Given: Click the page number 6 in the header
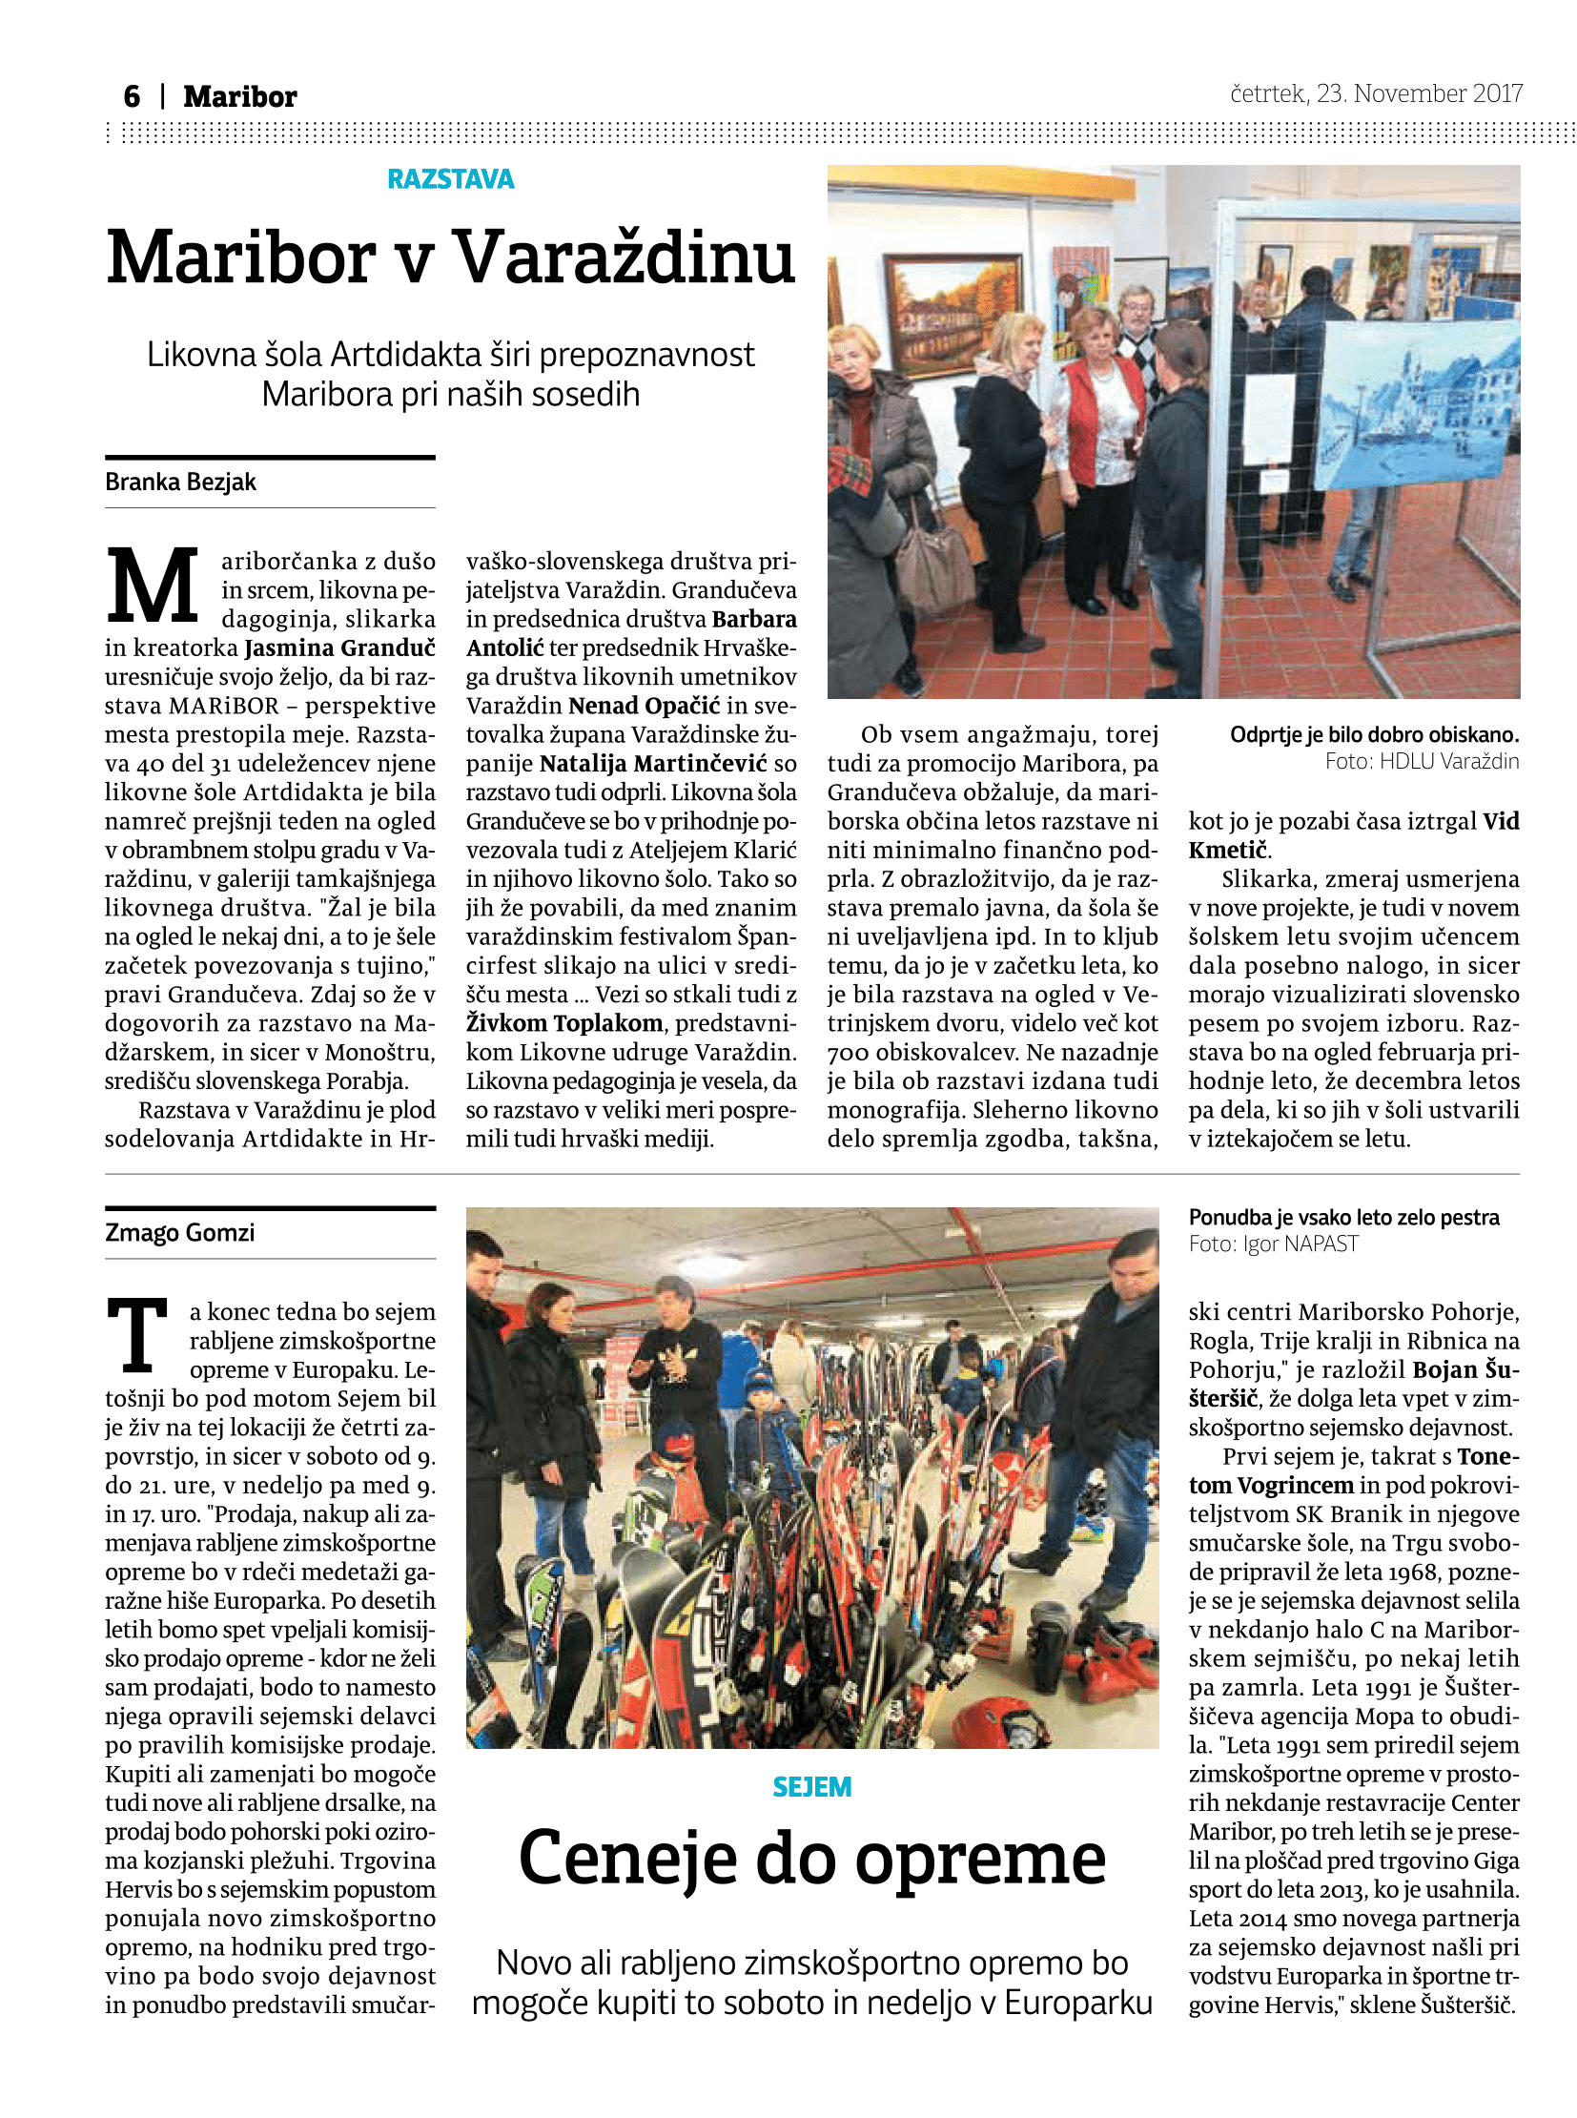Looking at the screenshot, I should pyautogui.click(x=132, y=96).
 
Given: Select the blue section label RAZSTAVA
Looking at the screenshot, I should pyautogui.click(x=451, y=178).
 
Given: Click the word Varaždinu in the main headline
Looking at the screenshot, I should pyautogui.click(x=624, y=257).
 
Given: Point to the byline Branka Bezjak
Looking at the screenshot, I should pyautogui.click(x=180, y=483).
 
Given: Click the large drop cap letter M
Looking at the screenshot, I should pyautogui.click(x=153, y=586).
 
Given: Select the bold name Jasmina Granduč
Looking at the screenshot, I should pyautogui.click(x=339, y=648).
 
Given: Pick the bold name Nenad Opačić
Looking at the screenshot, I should pyautogui.click(x=645, y=706).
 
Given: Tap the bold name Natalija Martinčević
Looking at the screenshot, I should pyautogui.click(x=653, y=763).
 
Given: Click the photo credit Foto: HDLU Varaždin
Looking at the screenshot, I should pyautogui.click(x=1422, y=761).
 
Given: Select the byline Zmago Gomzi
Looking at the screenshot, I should pyautogui.click(x=179, y=1233).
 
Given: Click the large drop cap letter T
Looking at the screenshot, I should pyautogui.click(x=138, y=1337).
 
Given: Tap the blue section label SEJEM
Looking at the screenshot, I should pyautogui.click(x=811, y=1787).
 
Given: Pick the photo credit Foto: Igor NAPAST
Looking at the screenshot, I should pyautogui.click(x=1273, y=1244).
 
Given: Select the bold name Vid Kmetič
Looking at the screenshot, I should pyautogui.click(x=1354, y=835).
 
